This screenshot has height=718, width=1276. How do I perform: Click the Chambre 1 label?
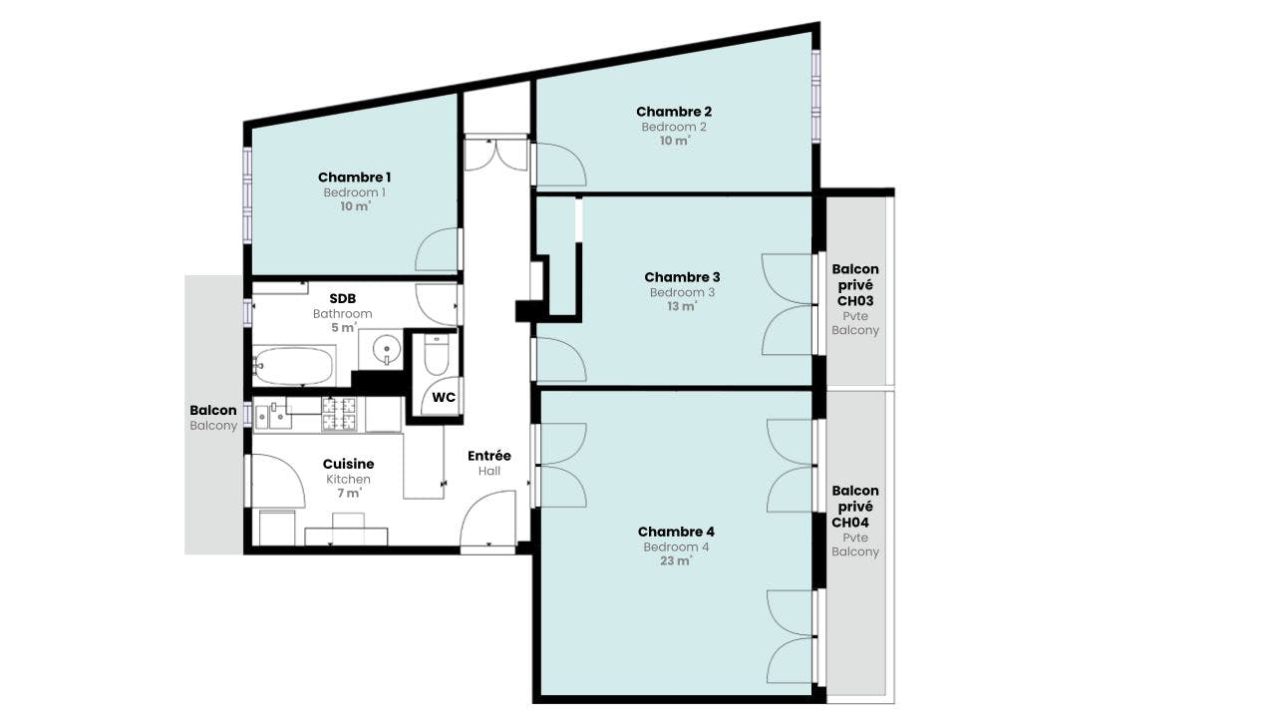(354, 178)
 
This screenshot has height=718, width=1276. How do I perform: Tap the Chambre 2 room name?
(674, 112)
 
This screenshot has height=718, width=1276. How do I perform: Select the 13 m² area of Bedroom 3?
(682, 306)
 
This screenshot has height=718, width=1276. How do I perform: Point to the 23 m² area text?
(676, 560)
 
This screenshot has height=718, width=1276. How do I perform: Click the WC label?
(444, 397)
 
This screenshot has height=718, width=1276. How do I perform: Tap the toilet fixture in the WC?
(437, 354)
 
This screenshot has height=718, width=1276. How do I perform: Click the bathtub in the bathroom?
(293, 366)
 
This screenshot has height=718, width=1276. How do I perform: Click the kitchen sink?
(273, 416)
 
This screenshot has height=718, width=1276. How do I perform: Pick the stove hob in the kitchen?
(339, 414)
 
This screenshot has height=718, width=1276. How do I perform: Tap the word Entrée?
(489, 456)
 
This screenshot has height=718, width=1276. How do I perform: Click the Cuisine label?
(349, 465)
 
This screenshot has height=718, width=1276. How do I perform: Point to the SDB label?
(343, 298)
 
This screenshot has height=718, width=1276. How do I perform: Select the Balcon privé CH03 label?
(855, 285)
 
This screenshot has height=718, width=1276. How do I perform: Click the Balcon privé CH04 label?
(855, 507)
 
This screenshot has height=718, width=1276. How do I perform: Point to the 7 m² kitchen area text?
(349, 493)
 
